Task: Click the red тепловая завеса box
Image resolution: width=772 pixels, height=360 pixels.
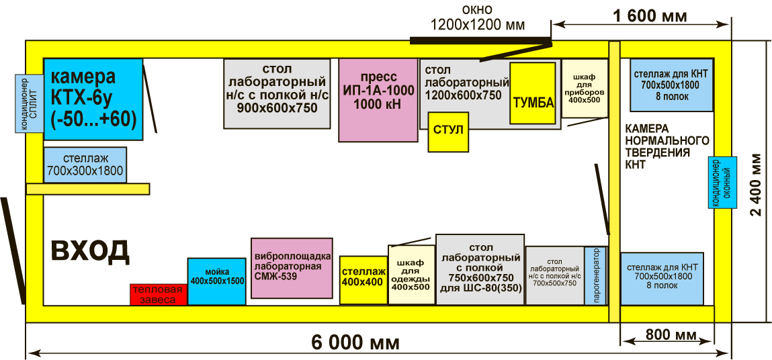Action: (x=158, y=294)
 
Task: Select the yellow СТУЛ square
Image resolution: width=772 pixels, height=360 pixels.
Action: (x=448, y=132)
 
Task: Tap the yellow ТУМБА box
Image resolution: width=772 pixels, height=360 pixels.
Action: (x=533, y=93)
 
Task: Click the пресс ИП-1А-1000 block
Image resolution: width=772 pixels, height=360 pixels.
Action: (x=378, y=99)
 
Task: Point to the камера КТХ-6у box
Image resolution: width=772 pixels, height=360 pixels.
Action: (x=93, y=99)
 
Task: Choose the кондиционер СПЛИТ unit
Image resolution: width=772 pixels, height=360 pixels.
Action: (x=29, y=103)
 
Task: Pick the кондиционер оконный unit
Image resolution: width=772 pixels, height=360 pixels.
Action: (x=722, y=182)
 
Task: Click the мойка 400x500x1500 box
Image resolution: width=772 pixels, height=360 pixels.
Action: (x=216, y=281)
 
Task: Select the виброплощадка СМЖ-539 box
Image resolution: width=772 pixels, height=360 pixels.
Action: (x=292, y=268)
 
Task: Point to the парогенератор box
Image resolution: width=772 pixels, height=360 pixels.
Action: (x=596, y=275)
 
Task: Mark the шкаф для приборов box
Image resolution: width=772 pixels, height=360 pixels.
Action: (x=585, y=88)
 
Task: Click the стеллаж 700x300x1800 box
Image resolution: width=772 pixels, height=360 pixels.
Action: (x=85, y=165)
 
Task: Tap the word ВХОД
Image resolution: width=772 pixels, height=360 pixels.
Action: (x=90, y=251)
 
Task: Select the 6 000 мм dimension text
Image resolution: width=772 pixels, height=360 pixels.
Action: (x=355, y=343)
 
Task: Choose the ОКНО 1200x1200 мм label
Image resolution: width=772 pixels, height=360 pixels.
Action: (x=478, y=19)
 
